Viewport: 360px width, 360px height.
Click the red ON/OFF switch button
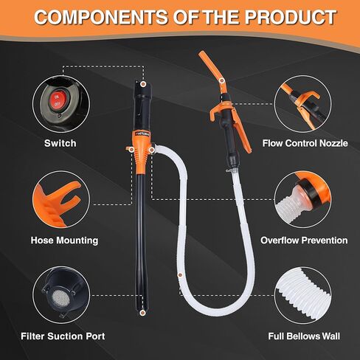coord(57,100)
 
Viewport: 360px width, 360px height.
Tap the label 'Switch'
coord(60,143)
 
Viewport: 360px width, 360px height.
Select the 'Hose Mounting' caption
coord(64,240)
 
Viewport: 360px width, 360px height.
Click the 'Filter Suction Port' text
coord(63,336)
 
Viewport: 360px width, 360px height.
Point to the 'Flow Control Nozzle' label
coord(305,143)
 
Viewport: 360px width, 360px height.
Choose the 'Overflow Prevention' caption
coord(304,240)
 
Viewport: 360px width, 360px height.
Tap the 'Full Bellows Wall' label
coord(304,336)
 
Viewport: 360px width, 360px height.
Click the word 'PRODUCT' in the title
coord(291,17)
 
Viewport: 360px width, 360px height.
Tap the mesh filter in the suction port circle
coord(60,297)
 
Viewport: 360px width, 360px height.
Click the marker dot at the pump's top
coord(142,84)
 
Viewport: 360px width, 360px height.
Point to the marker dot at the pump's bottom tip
coord(142,313)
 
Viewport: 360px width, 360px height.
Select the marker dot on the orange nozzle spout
coord(222,80)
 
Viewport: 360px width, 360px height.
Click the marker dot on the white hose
coord(180,274)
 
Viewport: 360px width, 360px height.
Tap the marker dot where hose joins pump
coord(152,150)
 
